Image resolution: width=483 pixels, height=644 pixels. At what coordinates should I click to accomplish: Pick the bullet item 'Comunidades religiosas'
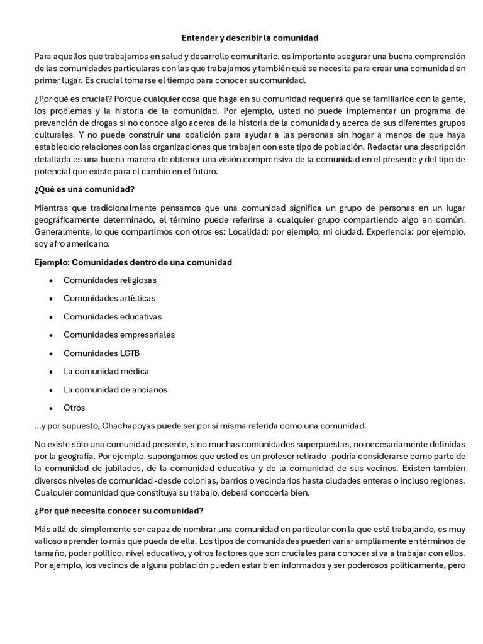(110, 280)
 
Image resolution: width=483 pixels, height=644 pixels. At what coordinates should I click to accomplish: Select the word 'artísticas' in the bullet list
(135, 298)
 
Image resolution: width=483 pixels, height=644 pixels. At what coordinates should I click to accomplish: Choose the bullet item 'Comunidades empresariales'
(119, 335)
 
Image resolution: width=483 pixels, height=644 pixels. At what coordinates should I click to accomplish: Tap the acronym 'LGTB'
(128, 353)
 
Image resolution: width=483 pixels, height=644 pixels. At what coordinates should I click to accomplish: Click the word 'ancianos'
(150, 389)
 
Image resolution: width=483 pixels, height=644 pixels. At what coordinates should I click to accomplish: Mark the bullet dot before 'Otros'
(51, 408)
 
